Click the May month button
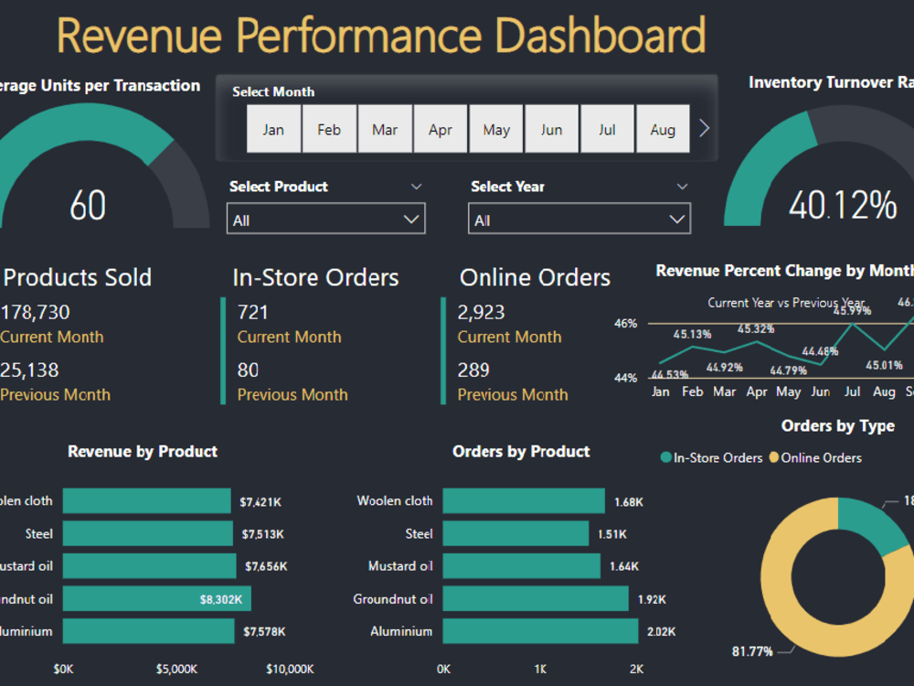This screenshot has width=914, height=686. point(496,129)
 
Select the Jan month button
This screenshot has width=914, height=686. point(273,129)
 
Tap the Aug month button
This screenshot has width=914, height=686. point(663,129)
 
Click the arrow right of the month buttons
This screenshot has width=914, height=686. point(704,129)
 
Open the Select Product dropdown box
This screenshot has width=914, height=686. point(325,220)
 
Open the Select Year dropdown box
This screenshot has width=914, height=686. point(579,220)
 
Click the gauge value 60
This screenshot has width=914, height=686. point(88,205)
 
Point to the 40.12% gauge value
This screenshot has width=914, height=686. point(843,205)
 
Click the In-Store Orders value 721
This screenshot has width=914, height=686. point(253,312)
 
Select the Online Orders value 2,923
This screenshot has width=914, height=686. point(482,312)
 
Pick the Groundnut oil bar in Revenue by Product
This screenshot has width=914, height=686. point(156,599)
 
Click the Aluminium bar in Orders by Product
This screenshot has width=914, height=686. point(540,631)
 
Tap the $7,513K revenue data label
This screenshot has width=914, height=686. point(262,534)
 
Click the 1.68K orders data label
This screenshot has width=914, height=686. point(628,501)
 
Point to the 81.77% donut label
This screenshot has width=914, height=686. point(752,651)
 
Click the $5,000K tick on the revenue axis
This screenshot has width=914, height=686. point(176,669)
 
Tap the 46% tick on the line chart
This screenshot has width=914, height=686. point(625,324)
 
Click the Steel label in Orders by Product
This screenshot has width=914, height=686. point(420,533)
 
